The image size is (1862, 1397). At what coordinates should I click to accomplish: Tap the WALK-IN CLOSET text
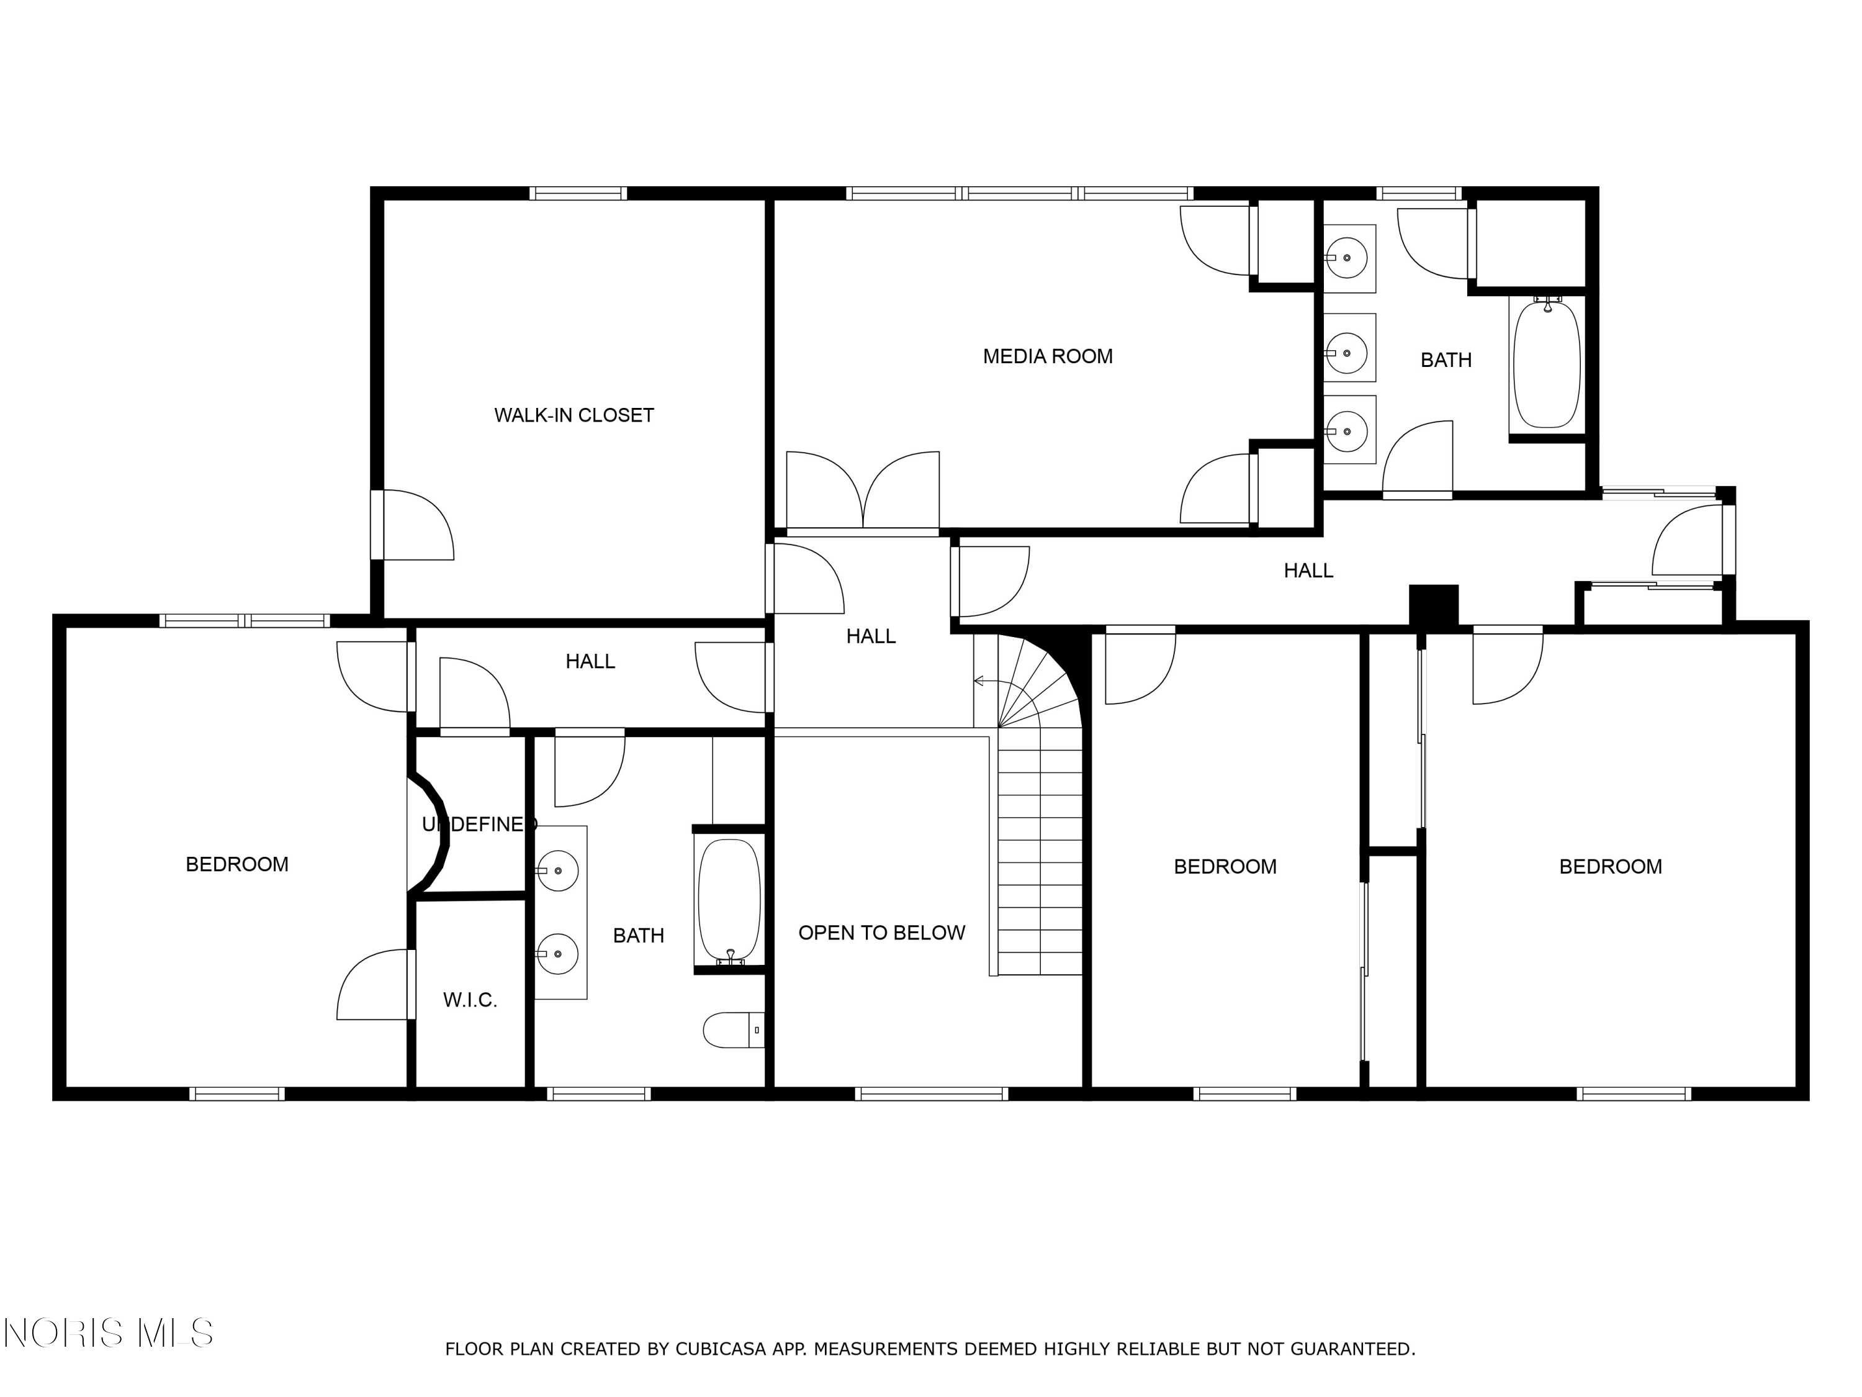click(573, 415)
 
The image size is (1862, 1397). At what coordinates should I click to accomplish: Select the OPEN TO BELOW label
click(881, 933)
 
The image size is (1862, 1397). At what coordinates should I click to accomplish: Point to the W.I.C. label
click(470, 1000)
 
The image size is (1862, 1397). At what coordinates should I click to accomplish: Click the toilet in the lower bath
click(733, 1030)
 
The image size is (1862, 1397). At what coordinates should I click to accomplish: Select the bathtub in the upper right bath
click(1547, 364)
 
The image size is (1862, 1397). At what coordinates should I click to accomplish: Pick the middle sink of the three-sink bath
click(1349, 348)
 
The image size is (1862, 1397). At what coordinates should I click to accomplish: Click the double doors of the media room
click(863, 492)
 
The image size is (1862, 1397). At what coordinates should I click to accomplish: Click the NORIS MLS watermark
click(108, 1333)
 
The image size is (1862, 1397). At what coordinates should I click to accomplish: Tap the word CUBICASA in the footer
click(721, 1349)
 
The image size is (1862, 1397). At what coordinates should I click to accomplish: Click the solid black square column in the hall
click(1434, 605)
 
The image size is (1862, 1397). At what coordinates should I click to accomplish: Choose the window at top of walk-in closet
click(578, 193)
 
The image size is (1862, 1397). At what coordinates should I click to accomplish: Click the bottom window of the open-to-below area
click(931, 1094)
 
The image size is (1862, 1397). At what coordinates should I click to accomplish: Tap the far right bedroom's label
click(1610, 867)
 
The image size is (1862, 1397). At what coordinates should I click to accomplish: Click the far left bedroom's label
click(236, 864)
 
